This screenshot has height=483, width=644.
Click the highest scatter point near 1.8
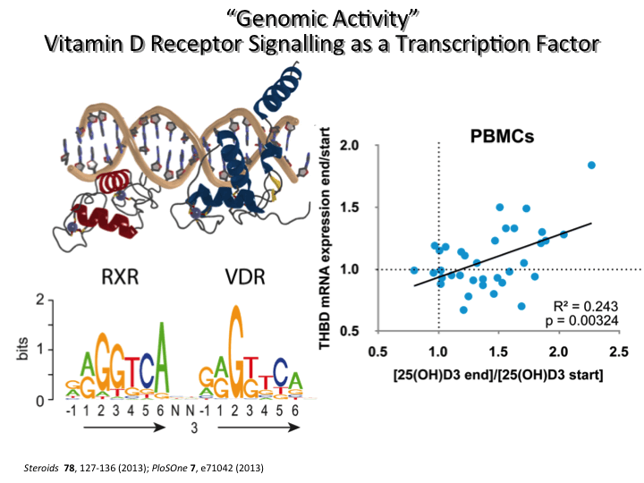(x=591, y=165)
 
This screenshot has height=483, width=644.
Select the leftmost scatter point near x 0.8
(x=413, y=269)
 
